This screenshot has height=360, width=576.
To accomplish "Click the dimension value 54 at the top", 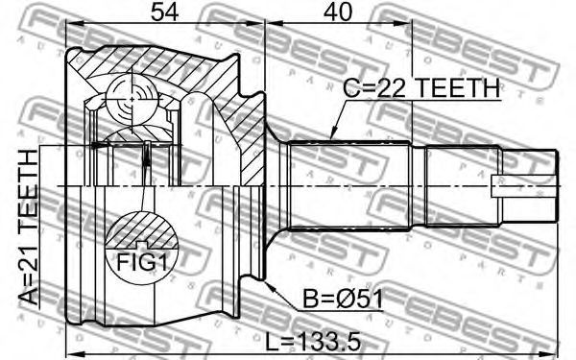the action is coord(164,12).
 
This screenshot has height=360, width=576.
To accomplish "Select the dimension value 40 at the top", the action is coord(338,12).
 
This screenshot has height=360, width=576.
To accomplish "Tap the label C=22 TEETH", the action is coord(421,88).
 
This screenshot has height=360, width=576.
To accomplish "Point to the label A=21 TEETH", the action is coord(29,227).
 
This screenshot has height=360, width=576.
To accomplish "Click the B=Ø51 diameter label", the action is coord(343,299).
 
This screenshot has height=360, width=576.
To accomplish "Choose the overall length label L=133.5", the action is coord(313,342).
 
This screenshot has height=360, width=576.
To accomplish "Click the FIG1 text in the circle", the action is coord(142,262).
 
